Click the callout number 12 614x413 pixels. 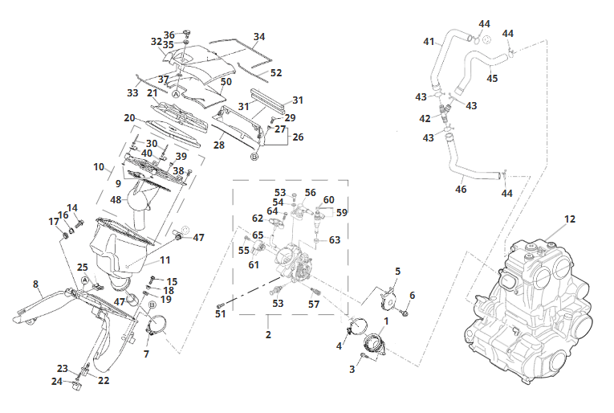570,219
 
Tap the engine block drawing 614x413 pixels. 529,309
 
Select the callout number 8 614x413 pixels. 35,284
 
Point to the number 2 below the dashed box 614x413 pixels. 268,334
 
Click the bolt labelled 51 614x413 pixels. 221,305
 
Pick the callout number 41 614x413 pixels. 429,41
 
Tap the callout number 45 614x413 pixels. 492,78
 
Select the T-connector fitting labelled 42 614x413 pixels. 444,112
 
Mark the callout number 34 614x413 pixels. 259,36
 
